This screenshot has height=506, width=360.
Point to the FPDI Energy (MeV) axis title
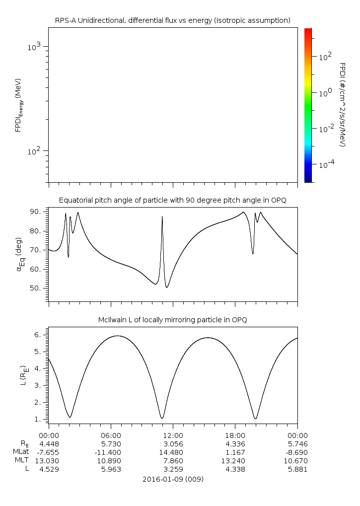(18, 104)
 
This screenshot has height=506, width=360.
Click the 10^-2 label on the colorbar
(326, 129)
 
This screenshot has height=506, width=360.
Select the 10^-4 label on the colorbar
(326, 164)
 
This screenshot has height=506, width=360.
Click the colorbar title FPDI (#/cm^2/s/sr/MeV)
(342, 104)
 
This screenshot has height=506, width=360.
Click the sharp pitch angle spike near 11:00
(162, 217)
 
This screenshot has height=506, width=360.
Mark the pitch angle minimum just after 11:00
(167, 287)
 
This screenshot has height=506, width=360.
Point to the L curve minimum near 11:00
(162, 418)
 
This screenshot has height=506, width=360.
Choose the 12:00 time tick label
(173, 434)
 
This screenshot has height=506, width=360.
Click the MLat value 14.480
(173, 452)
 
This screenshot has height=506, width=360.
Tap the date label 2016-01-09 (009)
(173, 479)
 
